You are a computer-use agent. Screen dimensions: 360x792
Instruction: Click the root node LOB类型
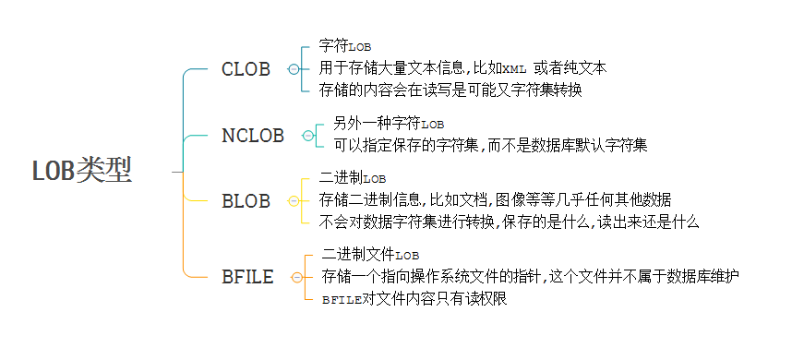click(82, 171)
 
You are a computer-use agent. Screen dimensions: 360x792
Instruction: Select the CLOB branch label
click(246, 70)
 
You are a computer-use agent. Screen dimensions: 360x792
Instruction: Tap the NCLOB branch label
click(253, 136)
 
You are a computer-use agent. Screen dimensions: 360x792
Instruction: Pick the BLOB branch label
click(246, 201)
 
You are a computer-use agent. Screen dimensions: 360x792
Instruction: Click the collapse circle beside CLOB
click(294, 70)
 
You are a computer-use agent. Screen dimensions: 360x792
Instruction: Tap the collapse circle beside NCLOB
click(308, 136)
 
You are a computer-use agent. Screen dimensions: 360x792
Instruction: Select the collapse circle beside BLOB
click(294, 201)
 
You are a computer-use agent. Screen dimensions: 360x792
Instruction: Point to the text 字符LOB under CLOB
click(344, 46)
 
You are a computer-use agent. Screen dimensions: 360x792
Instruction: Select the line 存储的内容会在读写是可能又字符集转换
click(450, 90)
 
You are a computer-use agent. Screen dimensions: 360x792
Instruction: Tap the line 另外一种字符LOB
click(389, 123)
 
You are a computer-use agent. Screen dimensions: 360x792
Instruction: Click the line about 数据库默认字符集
click(490, 145)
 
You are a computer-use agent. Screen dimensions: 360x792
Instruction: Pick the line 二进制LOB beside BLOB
click(353, 177)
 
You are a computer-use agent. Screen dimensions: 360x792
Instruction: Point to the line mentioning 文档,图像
click(496, 199)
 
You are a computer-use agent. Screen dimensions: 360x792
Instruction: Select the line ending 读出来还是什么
click(510, 222)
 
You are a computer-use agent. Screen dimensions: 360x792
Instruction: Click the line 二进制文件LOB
click(371, 254)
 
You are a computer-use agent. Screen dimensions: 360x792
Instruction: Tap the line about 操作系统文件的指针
click(531, 276)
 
